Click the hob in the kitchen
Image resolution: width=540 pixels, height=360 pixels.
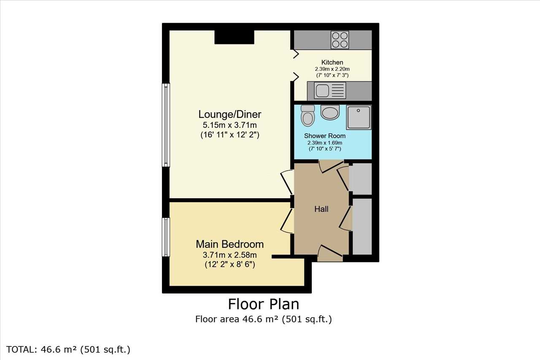click(340, 40)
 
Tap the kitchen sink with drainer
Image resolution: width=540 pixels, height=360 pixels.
click(330, 90)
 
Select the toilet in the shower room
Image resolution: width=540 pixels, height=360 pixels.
click(308, 116)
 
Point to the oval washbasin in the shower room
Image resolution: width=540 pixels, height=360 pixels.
click(330, 112)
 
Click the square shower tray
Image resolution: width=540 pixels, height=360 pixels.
click(359, 117)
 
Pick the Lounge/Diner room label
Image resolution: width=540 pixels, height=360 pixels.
click(230, 114)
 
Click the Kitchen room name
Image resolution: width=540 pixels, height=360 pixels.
click(332, 62)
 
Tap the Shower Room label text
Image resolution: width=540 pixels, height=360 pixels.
click(325, 136)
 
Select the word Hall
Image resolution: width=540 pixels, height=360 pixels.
click(321, 209)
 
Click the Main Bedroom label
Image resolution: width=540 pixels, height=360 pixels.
click(229, 244)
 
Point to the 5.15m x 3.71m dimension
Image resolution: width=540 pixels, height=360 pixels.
click(229, 125)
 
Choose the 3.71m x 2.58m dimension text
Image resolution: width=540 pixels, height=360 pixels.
click(229, 255)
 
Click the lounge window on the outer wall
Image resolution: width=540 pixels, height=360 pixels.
click(166, 125)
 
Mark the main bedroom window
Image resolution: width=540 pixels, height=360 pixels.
click(166, 237)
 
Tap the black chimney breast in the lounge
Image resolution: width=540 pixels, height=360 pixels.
click(234, 37)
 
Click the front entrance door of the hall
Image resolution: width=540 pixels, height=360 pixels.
click(330, 254)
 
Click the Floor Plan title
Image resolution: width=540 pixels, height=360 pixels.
click(264, 304)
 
